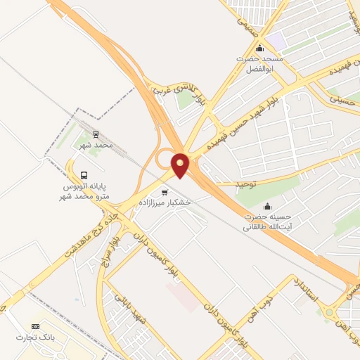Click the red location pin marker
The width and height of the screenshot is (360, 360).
(x=181, y=165)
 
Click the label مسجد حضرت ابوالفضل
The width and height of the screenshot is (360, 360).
(x=259, y=65)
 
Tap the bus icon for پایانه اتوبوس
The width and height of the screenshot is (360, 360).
(x=84, y=174)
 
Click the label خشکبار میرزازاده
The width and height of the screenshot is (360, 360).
(x=167, y=202)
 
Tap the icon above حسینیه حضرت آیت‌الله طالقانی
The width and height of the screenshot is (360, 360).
(x=267, y=206)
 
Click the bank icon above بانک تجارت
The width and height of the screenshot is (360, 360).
(x=35, y=327)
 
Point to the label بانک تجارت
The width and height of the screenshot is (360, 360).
(x=36, y=338)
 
